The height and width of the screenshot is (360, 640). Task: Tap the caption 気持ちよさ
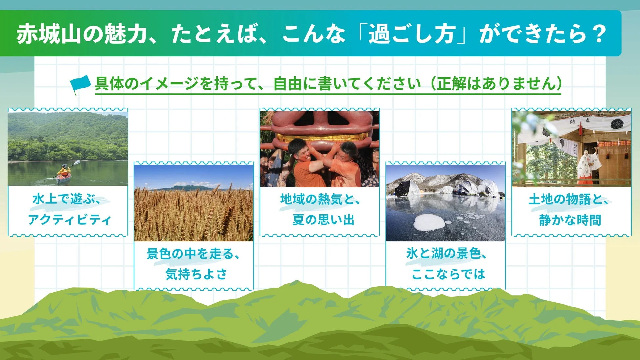tap(196, 274)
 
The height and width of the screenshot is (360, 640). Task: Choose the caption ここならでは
tap(448, 274)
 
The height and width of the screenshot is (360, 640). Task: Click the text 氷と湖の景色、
tap(446, 253)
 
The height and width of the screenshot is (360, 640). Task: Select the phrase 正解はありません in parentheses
tap(496, 84)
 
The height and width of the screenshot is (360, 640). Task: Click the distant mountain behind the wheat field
tap(187, 188)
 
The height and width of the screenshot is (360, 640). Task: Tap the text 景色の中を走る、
tap(193, 253)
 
